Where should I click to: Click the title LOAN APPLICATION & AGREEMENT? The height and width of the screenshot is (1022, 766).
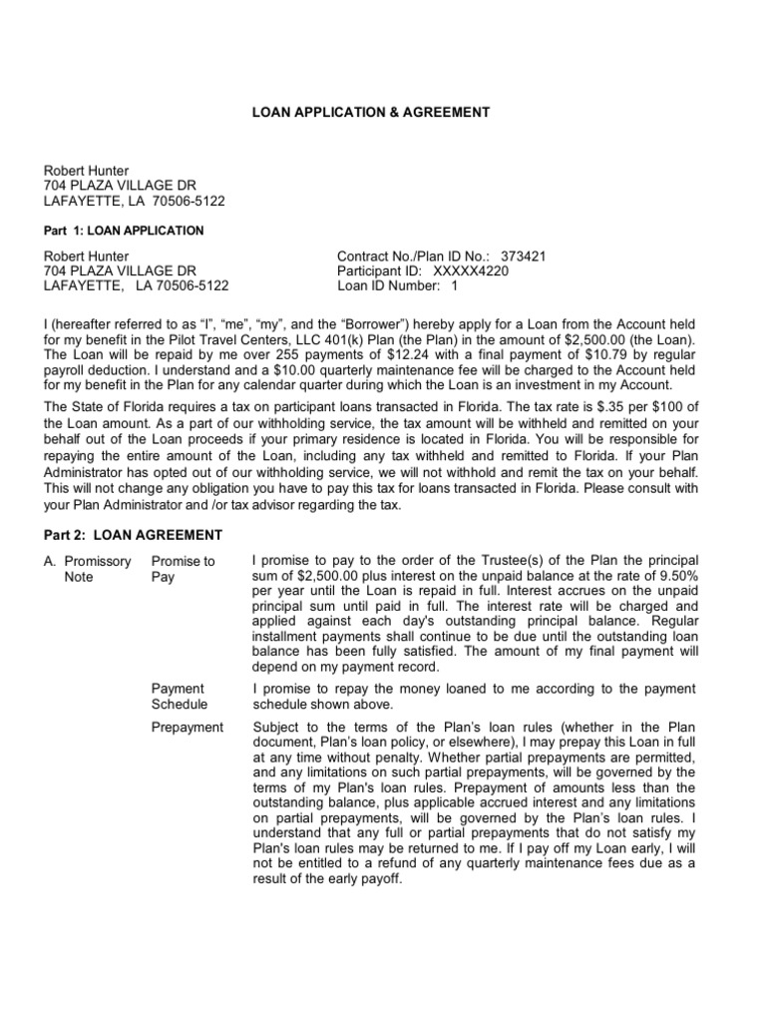[370, 113]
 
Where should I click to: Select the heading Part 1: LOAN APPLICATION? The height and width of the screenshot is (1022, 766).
[124, 231]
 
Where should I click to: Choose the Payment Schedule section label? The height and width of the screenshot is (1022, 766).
[180, 697]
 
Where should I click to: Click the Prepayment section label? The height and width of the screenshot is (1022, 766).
[188, 727]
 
